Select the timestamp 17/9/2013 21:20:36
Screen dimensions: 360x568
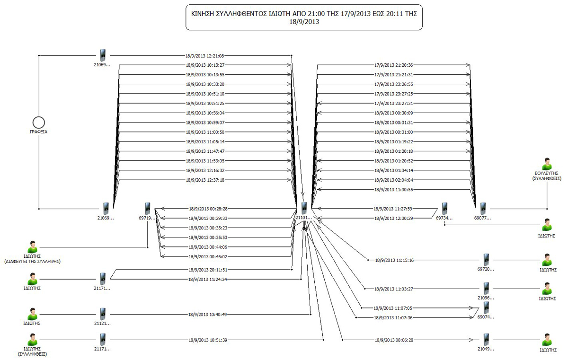[x=393, y=65]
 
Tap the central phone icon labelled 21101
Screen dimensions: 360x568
[x=303, y=207]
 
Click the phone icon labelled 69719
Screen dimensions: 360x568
[x=148, y=208]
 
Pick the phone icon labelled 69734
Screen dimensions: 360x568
[x=444, y=208]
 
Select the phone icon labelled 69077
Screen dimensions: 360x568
[x=482, y=208]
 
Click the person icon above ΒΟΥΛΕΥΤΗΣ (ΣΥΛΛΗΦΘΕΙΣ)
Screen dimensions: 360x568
[x=547, y=164]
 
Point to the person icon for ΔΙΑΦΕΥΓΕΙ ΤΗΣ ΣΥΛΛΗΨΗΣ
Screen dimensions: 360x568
[x=32, y=246]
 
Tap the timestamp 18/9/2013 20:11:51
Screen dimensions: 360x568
[x=208, y=270]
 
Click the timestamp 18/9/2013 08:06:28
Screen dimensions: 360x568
[x=394, y=340]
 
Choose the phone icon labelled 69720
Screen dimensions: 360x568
[x=486, y=260]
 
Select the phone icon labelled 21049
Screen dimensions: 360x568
[x=486, y=339]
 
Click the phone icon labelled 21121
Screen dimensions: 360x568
[x=102, y=314]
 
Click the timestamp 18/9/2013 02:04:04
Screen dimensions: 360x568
[x=394, y=180]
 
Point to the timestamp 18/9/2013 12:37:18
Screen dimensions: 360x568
[x=205, y=180]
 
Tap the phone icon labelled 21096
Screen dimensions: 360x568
[x=486, y=288]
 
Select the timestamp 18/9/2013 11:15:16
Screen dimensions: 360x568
[x=394, y=260]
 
